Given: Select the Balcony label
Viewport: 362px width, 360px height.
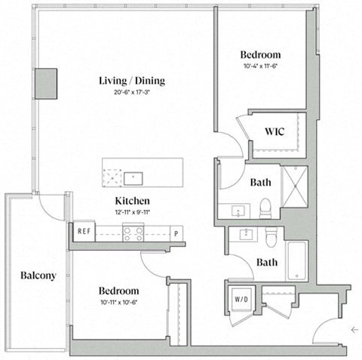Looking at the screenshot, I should [x=38, y=275].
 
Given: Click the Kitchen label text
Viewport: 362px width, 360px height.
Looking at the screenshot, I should [x=132, y=201].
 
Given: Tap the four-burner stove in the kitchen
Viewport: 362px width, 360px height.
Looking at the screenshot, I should [x=133, y=234].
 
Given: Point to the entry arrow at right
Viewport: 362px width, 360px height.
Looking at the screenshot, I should [x=354, y=329].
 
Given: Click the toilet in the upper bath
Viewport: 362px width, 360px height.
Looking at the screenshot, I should [x=265, y=208].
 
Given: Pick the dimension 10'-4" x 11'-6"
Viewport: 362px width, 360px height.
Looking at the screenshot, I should [x=260, y=67].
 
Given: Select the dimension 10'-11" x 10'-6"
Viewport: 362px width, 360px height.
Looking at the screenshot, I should [x=118, y=303].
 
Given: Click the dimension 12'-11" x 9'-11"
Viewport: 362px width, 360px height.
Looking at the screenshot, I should [x=132, y=212].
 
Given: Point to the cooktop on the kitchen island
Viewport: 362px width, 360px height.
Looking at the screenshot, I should [x=113, y=177].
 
